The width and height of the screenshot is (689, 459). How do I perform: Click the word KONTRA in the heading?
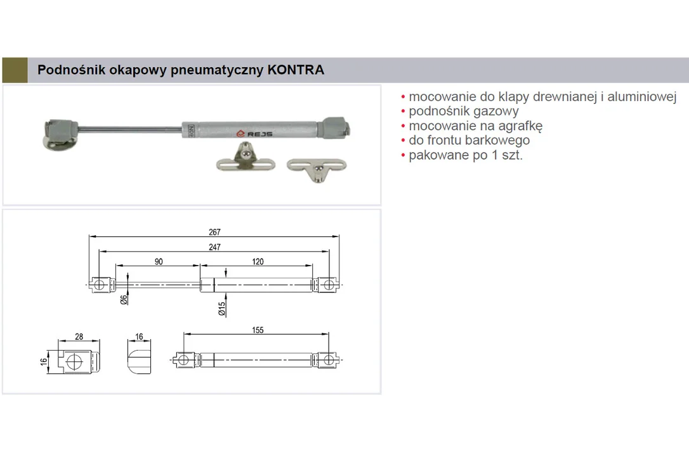[295, 70]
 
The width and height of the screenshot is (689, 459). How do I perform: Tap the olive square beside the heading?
[15, 70]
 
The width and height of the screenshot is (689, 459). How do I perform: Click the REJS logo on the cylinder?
[254, 134]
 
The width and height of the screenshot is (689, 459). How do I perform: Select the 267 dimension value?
[214, 232]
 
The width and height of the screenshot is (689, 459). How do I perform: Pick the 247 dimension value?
[214, 247]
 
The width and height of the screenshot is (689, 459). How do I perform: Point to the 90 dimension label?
[159, 261]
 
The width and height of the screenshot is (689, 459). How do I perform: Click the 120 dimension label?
[258, 261]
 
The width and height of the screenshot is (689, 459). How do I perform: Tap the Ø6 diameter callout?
[124, 299]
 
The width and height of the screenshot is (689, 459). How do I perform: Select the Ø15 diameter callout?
[222, 309]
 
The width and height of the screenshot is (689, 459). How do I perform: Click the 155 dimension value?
[258, 330]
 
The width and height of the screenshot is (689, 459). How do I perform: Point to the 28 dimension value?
[79, 337]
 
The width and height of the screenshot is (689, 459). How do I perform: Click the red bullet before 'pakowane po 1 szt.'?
[403, 155]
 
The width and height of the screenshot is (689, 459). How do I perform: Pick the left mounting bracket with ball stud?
[246, 158]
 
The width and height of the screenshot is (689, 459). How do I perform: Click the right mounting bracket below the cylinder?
[317, 168]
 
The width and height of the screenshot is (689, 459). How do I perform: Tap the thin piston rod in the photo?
[130, 129]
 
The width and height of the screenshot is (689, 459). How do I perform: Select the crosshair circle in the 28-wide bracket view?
[74, 362]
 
